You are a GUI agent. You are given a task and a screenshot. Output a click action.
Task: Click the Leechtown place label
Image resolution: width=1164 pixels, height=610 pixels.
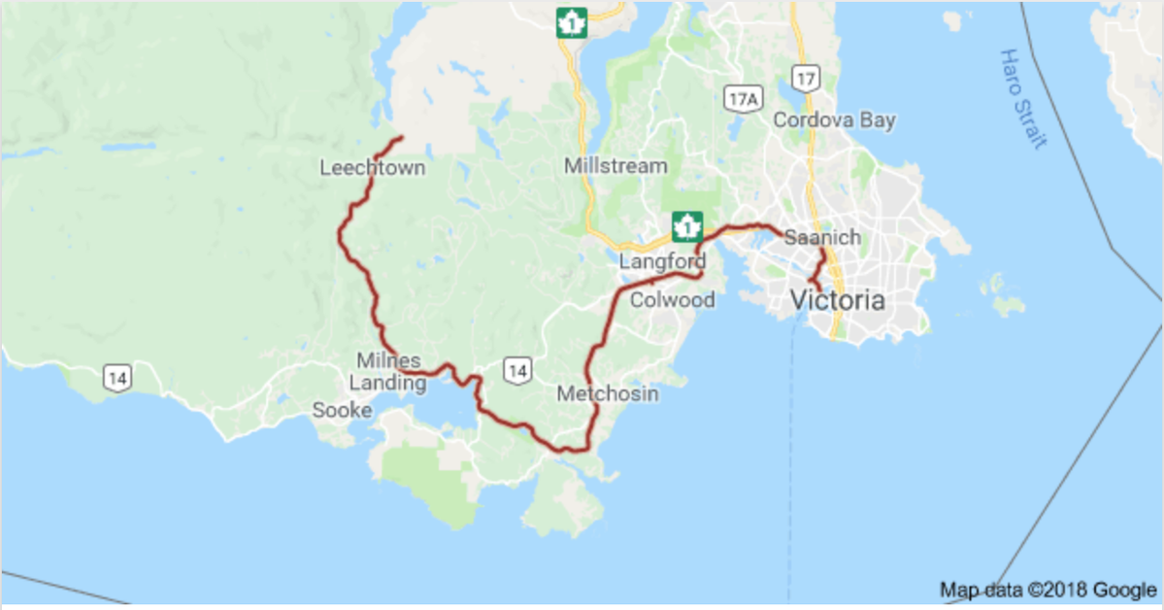click(x=373, y=168)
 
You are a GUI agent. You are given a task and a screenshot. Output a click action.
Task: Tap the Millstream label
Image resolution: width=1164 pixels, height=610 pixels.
click(x=615, y=166)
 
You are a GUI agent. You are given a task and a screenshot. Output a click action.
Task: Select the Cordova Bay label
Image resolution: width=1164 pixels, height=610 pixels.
click(x=834, y=120)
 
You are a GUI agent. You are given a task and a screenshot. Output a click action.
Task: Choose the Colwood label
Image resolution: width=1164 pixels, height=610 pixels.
click(x=673, y=300)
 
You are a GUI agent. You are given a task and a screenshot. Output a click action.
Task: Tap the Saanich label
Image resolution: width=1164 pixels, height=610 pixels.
click(x=822, y=237)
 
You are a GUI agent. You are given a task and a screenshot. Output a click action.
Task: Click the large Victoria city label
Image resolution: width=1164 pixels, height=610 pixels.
click(x=838, y=300)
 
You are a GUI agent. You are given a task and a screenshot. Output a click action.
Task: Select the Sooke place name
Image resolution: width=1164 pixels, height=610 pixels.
click(x=342, y=411)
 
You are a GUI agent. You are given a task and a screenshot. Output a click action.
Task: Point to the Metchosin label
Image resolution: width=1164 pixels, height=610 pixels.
click(x=608, y=393)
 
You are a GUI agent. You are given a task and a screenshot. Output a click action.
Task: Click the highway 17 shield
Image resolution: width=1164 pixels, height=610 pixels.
click(x=804, y=77)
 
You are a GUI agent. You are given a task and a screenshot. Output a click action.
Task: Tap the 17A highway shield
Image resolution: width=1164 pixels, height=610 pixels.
click(x=741, y=96)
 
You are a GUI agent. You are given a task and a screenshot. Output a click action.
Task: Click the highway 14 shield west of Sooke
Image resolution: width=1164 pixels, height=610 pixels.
click(x=117, y=378)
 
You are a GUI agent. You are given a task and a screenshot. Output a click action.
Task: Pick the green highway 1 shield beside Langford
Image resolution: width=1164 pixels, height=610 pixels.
click(x=687, y=226)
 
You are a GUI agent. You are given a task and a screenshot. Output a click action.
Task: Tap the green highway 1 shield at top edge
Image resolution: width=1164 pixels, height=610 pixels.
click(x=572, y=21)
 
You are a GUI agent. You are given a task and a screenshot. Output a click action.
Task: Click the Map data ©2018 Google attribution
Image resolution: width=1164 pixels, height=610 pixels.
click(x=1048, y=590)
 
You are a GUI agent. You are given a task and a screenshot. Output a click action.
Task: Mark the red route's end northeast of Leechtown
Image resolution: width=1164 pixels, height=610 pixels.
click(x=401, y=138)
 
